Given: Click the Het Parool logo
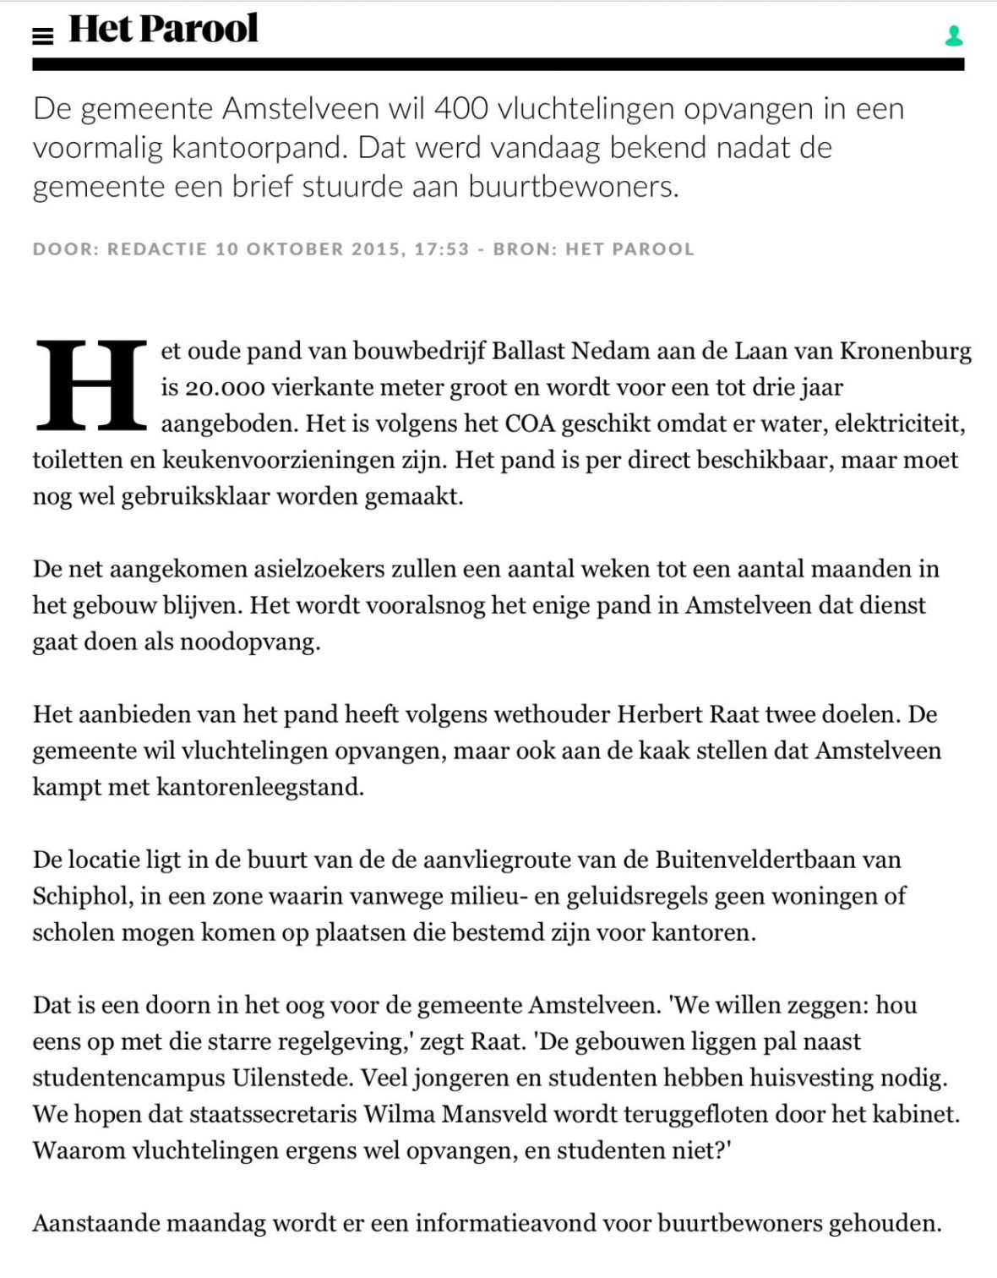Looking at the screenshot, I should pyautogui.click(x=163, y=29).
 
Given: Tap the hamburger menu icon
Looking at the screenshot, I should pyautogui.click(x=42, y=35).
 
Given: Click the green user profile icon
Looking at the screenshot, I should pyautogui.click(x=954, y=35).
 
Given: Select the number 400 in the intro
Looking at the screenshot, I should pyautogui.click(x=461, y=108).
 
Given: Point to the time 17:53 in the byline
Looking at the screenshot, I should pyautogui.click(x=441, y=249).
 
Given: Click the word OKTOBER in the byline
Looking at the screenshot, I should pyautogui.click(x=295, y=249).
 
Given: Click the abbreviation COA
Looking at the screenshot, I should pyautogui.click(x=530, y=423).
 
